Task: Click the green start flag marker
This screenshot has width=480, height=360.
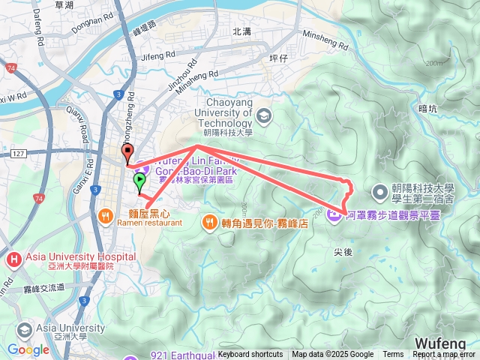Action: point(139,181)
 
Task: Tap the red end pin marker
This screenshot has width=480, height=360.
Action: point(127,154)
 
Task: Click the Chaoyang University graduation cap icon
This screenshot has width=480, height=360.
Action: point(263,115)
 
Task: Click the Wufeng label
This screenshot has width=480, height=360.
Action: point(442,342)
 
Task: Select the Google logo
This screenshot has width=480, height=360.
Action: point(28,349)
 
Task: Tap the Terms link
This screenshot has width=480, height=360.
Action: point(393,355)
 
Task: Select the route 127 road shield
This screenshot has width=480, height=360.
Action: point(19,154)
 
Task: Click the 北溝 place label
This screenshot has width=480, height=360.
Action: point(242,31)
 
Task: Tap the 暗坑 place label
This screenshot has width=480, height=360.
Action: point(427,109)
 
